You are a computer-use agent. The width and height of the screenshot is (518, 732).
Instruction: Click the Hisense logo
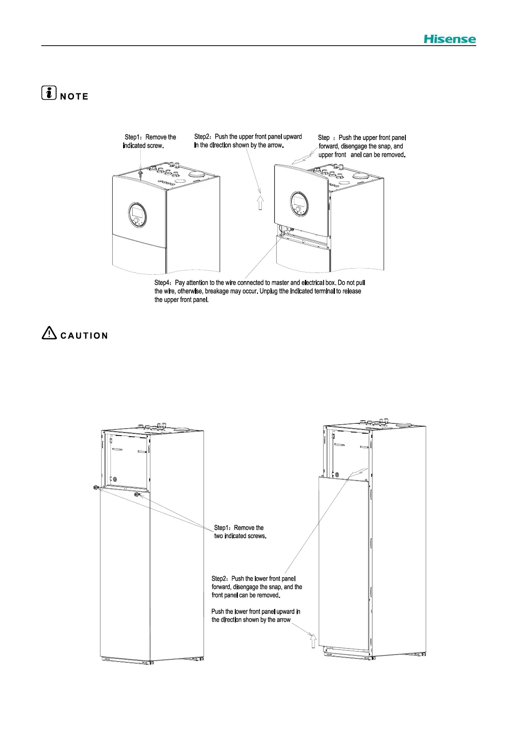click(x=450, y=39)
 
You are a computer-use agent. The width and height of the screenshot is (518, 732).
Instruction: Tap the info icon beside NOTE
click(x=49, y=93)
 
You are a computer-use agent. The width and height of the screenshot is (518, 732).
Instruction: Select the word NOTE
click(x=74, y=96)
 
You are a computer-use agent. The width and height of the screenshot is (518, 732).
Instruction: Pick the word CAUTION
click(x=84, y=336)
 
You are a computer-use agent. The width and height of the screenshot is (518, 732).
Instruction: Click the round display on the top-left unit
click(x=137, y=215)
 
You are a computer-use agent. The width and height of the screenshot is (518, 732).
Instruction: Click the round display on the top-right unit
click(x=298, y=203)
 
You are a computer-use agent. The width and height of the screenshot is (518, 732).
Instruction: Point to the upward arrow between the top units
click(x=260, y=203)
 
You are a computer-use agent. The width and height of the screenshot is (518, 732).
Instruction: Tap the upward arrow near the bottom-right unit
click(x=312, y=641)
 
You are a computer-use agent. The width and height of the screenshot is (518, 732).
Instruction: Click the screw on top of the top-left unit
click(x=140, y=174)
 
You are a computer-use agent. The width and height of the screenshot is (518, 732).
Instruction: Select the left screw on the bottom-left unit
click(x=96, y=488)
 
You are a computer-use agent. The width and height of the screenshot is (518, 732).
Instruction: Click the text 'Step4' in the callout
click(x=163, y=283)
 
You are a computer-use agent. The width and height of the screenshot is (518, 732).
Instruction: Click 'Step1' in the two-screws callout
click(x=221, y=528)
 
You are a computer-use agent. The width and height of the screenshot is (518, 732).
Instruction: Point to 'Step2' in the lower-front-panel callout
click(x=219, y=579)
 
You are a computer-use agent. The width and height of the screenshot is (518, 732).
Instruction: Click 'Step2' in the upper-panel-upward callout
click(x=202, y=137)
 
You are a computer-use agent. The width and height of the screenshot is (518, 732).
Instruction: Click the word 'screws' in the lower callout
click(x=257, y=536)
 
